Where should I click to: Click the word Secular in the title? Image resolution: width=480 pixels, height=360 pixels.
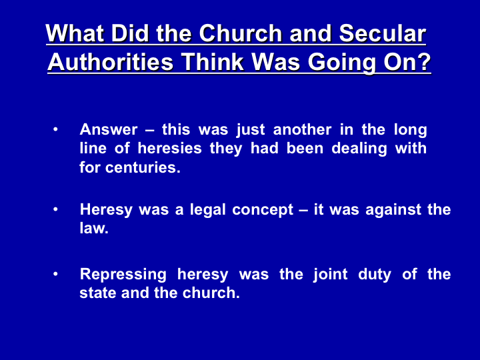(383, 33)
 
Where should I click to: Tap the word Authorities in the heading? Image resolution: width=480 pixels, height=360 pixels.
(111, 62)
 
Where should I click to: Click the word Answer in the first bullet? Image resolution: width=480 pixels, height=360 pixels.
(109, 129)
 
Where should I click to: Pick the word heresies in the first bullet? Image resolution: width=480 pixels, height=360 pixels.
(169, 148)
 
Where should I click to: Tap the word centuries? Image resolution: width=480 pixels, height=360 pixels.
(143, 167)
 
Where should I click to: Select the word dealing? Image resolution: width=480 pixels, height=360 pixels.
(359, 149)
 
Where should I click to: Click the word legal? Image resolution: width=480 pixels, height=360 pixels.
(207, 210)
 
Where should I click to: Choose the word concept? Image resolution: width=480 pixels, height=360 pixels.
(263, 210)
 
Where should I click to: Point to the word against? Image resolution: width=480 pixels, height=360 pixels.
(393, 210)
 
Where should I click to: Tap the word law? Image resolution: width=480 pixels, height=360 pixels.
(94, 228)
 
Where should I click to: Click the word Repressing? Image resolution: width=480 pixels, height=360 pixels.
(123, 274)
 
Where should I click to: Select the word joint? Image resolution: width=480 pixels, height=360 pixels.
(330, 274)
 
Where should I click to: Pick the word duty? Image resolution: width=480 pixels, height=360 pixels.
(375, 274)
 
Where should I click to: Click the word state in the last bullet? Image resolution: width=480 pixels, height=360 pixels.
(97, 293)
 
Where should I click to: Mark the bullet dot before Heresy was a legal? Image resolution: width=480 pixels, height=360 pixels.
(55, 210)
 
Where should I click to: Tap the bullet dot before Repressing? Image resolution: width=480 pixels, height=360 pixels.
(55, 274)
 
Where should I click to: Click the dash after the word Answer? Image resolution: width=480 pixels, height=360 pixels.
(150, 131)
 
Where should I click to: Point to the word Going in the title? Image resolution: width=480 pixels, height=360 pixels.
(341, 63)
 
